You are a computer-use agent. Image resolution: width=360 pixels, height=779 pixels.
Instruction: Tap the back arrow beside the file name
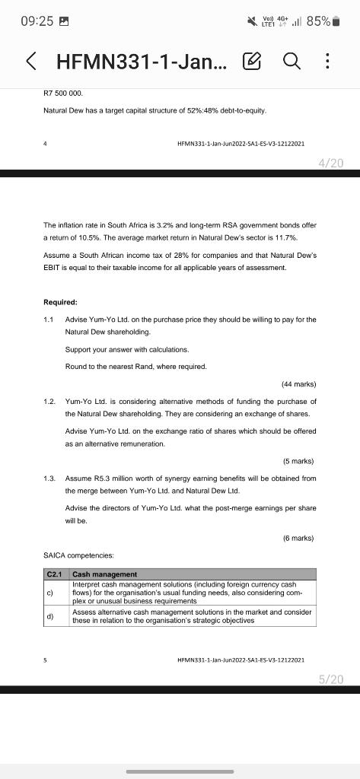(x=31, y=61)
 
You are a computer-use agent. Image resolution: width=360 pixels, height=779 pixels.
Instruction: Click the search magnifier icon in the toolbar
(x=292, y=61)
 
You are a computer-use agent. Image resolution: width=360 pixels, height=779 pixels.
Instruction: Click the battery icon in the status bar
(x=336, y=21)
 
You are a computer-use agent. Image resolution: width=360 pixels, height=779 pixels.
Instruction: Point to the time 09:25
(x=36, y=21)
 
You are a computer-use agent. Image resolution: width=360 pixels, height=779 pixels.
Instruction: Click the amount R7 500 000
(x=64, y=93)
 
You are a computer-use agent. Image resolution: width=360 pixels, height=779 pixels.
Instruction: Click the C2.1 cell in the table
(x=55, y=574)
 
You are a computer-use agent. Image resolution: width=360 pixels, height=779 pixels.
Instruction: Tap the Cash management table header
(x=105, y=574)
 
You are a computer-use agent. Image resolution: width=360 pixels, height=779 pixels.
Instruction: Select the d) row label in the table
(x=50, y=617)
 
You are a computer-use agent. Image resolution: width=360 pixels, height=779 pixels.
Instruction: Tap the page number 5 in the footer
(x=46, y=661)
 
